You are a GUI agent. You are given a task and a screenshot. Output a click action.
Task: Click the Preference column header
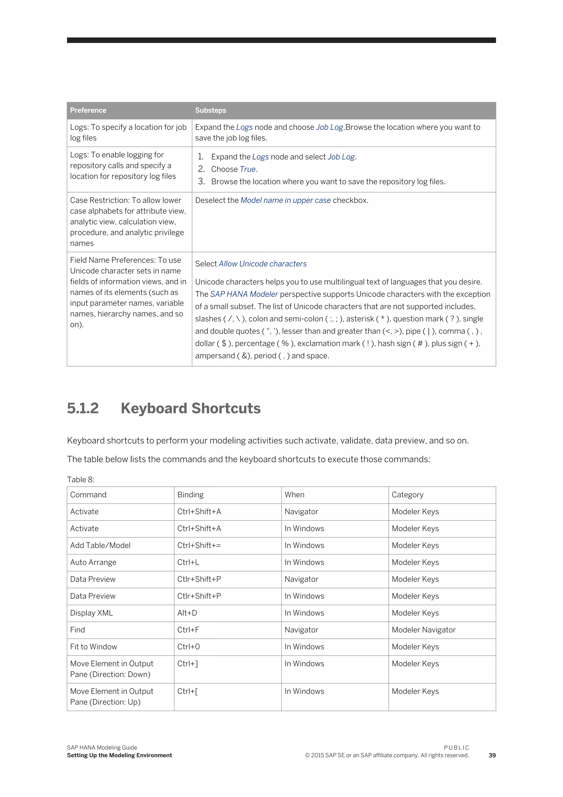88,110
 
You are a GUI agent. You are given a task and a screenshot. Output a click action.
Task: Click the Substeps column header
210,110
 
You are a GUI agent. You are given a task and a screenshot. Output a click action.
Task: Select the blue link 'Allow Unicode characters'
263,264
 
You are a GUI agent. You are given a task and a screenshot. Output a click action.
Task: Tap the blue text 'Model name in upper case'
285,200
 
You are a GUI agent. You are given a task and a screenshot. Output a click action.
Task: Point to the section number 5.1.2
83,408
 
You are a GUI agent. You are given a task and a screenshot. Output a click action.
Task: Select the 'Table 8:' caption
81,479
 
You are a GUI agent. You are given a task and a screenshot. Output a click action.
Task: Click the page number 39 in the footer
492,755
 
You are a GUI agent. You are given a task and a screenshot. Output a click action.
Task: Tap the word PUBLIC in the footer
456,748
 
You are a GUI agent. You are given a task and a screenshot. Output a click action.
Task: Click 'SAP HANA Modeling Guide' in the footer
102,748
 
